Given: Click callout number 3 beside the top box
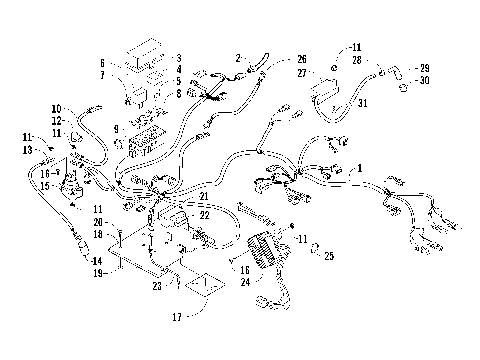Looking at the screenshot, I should click(x=178, y=58).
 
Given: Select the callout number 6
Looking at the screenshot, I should click(x=103, y=62).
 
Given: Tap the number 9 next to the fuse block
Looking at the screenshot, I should click(x=116, y=130).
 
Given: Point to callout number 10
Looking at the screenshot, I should click(x=56, y=108).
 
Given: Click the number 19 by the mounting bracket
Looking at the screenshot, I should click(x=99, y=271).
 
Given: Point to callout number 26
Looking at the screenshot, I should click(x=302, y=58).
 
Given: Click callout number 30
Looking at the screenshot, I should click(x=425, y=80).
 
